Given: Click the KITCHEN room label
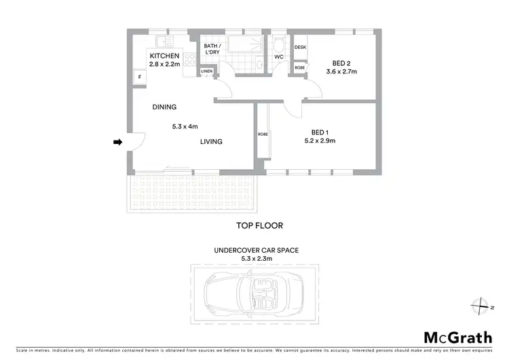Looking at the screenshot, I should tap(164, 56).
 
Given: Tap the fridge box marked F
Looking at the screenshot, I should tap(140, 77).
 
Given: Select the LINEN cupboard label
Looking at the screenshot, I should tap(207, 71).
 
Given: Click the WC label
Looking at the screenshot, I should tap(278, 56).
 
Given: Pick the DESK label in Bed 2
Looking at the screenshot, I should tap(300, 48).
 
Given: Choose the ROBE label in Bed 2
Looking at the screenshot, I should tap(299, 68).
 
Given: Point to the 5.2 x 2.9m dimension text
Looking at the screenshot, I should tap(320, 141).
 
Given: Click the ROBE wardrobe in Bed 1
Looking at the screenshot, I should tap(263, 134).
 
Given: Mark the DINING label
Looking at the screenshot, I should tap(164, 107).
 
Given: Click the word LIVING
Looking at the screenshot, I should tap(211, 141).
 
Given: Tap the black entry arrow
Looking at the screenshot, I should tap(117, 142).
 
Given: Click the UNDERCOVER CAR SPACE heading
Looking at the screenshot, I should tap(256, 250).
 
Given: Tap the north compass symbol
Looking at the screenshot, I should tap(480, 305).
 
